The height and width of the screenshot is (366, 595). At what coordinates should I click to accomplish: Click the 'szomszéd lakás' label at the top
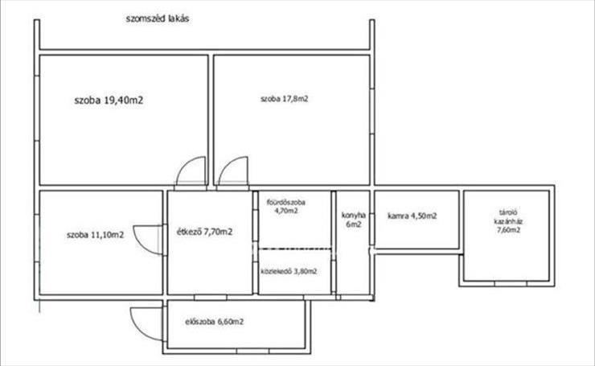coord(158,19)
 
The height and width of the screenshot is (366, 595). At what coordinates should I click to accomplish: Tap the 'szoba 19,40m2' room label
coord(109,101)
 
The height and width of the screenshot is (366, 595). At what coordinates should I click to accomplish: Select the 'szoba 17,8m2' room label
coord(284,99)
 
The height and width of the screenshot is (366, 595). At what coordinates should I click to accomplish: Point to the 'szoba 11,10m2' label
coord(95,235)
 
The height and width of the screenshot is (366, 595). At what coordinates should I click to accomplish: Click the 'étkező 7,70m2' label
coord(204,232)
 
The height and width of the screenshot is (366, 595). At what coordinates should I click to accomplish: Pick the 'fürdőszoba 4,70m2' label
coord(286,206)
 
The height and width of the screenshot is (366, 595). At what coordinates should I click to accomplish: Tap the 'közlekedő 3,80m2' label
coord(289,271)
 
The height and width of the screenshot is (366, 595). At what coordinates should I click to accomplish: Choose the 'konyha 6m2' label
coord(354,220)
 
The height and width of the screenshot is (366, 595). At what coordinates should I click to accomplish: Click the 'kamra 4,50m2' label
coord(412,216)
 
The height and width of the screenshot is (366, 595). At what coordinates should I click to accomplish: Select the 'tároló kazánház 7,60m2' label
coord(508,221)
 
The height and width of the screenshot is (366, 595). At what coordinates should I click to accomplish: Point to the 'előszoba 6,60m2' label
coord(215,322)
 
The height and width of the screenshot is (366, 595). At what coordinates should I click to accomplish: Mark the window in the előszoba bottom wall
coord(252,351)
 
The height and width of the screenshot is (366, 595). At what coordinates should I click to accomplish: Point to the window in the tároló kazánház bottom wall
coord(511,284)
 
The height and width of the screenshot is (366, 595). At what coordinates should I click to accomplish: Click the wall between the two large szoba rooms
coord(211,120)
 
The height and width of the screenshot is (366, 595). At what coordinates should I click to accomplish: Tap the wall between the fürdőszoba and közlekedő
coord(295,249)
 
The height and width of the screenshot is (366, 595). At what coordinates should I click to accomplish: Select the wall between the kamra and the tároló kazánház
coord(461,220)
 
